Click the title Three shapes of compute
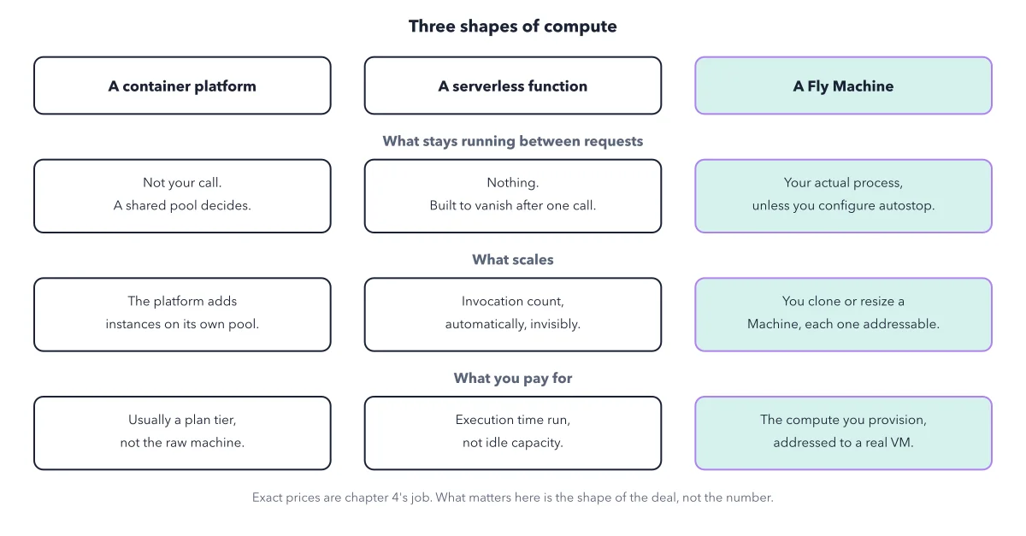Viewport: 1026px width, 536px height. pos(512,27)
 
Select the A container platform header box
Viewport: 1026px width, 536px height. pos(182,85)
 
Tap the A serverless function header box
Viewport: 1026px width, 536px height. pos(513,85)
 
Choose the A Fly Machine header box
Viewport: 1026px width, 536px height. pos(843,85)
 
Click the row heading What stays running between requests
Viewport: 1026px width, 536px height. pos(512,141)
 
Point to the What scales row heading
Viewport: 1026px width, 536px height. pos(512,260)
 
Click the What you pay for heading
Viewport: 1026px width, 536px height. pos(512,379)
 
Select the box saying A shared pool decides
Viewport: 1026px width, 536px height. pos(182,196)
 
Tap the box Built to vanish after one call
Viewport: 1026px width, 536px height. pos(513,196)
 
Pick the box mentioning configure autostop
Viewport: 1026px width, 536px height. pos(843,196)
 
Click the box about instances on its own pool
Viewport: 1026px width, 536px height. pos(182,315)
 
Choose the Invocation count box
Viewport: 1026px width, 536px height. pos(513,315)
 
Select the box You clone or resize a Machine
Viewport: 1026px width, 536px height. pos(843,315)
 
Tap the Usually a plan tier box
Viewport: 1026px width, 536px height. pos(182,433)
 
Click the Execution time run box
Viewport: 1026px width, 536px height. pos(513,433)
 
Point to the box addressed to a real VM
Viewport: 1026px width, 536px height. pos(843,433)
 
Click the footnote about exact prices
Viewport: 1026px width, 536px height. pos(512,498)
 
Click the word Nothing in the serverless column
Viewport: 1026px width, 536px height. pos(512,183)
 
